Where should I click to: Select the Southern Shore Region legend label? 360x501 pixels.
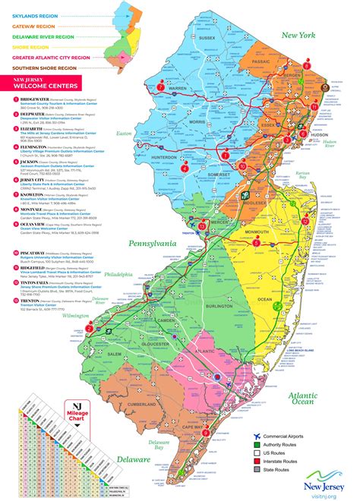click(46, 68)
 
